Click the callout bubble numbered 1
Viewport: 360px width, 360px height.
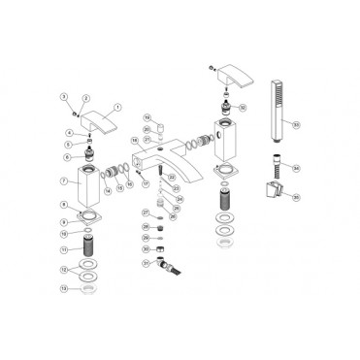point(118,107)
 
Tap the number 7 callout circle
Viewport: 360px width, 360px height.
point(63,180)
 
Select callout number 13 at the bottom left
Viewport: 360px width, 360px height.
point(63,288)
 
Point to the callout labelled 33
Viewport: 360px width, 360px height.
point(296,124)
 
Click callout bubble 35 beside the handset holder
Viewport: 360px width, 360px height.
point(296,196)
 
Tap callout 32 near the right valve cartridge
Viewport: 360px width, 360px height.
point(242,107)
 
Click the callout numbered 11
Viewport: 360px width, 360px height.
point(63,249)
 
